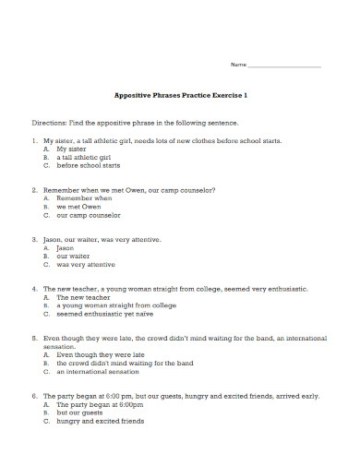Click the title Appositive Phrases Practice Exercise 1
pos(180,95)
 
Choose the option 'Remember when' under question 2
pos(84,197)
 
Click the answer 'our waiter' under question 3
pos(73,256)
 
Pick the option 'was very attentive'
pos(86,264)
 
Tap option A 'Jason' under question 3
pos(65,247)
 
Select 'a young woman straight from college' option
pos(116,305)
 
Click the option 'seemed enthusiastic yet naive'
pos(105,314)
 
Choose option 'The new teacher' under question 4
pos(82,297)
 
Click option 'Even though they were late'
pos(99,354)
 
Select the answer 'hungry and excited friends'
pos(101,420)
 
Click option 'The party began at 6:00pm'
pos(101,403)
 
